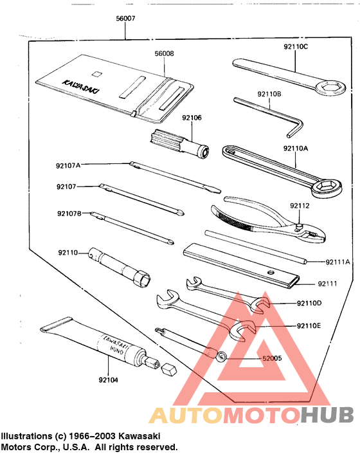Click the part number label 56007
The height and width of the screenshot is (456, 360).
(125, 19)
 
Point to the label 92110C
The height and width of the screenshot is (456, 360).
(295, 47)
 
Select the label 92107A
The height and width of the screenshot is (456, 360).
(68, 165)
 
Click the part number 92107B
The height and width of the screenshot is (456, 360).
(69, 214)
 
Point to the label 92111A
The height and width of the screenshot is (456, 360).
(337, 262)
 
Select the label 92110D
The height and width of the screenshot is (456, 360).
(309, 303)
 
